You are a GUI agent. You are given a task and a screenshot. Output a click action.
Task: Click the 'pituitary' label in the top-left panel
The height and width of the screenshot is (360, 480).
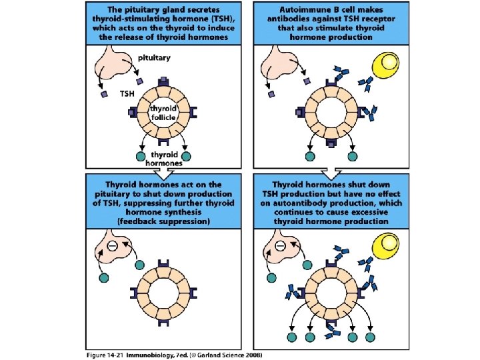click(x=154, y=58)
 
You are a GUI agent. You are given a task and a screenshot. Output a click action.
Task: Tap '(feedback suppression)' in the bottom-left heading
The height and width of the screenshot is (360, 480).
click(x=163, y=220)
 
